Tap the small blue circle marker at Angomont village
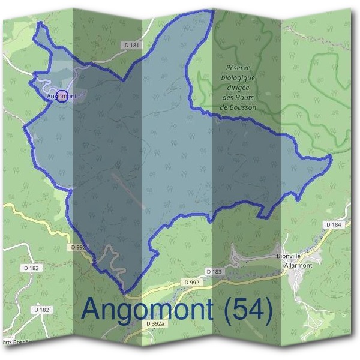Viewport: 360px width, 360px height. (62, 96)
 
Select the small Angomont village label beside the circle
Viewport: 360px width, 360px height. (62, 96)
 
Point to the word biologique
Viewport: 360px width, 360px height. (239, 78)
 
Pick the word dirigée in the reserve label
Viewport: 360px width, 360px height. (239, 88)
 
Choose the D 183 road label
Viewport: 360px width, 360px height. (214, 272)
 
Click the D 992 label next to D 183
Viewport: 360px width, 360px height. (191, 282)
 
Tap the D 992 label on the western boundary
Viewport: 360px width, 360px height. (79, 247)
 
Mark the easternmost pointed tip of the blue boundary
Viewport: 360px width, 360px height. (332, 157)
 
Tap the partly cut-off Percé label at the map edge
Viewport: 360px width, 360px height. (14, 342)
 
